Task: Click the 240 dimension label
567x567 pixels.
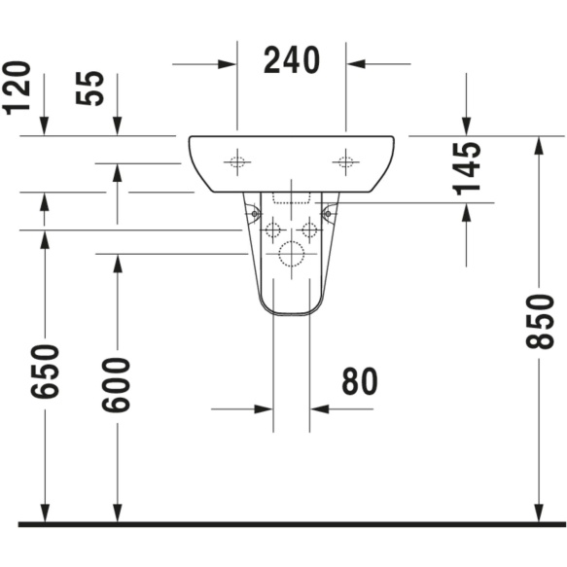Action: point(292,60)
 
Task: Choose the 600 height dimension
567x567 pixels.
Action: point(117,383)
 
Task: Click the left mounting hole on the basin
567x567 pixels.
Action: point(236,162)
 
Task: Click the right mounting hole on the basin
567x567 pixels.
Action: point(344,162)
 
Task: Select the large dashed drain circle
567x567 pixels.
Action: point(291,254)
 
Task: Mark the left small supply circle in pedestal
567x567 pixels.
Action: point(272,230)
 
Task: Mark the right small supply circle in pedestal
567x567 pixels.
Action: point(309,230)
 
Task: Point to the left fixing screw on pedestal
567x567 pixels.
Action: point(254,212)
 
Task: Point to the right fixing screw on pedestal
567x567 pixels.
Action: point(328,212)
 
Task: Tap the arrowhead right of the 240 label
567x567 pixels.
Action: point(355,65)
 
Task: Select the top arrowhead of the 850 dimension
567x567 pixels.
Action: point(538,145)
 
